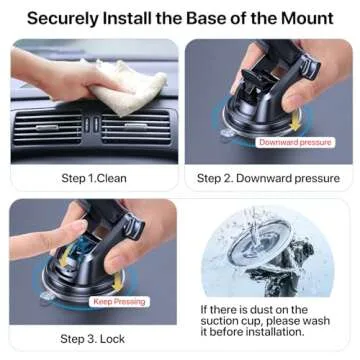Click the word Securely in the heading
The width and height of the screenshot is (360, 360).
pyautogui.click(x=64, y=18)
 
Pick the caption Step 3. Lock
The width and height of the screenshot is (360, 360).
pyautogui.click(x=92, y=339)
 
